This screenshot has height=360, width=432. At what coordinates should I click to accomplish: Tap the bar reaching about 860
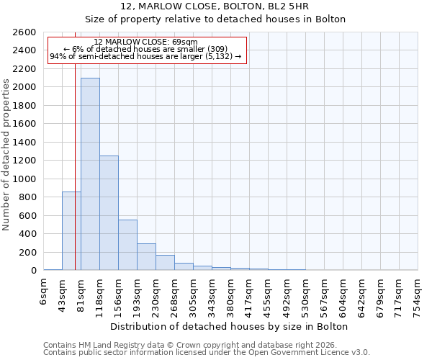tap(71, 231)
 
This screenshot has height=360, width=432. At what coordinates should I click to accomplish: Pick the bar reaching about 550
tap(127, 245)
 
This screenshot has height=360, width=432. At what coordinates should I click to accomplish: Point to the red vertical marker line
tap(75, 166)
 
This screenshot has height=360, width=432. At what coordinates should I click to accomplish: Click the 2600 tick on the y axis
tap(26, 32)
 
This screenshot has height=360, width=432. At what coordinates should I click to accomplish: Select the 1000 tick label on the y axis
tap(26, 179)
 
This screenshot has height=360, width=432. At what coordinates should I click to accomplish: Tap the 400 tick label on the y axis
tap(29, 234)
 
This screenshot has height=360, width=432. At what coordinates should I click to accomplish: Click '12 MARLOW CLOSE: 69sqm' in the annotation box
tap(145, 42)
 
